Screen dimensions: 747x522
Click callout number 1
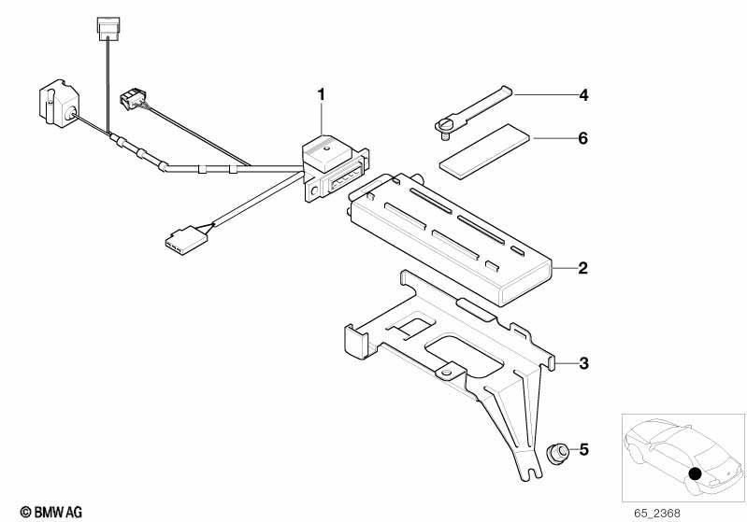322,94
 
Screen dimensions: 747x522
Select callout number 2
583,268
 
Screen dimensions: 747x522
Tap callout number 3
583,363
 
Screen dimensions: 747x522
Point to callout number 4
583,95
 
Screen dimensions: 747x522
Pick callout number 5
584,450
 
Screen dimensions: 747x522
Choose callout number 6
583,138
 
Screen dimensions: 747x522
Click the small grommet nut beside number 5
556,452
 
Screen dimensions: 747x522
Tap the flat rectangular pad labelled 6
484,151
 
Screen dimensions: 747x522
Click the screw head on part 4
444,126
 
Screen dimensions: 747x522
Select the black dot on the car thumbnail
696,473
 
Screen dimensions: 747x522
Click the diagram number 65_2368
657,514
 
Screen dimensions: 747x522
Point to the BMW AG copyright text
51,512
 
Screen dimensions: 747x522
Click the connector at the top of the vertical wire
108,29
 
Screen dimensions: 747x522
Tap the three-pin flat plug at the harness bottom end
187,238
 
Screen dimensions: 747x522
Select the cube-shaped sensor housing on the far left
59,103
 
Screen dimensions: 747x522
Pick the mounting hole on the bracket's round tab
446,373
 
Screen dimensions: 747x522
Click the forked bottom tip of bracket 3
529,472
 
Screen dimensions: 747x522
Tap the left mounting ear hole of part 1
314,190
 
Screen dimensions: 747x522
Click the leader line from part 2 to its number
564,268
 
